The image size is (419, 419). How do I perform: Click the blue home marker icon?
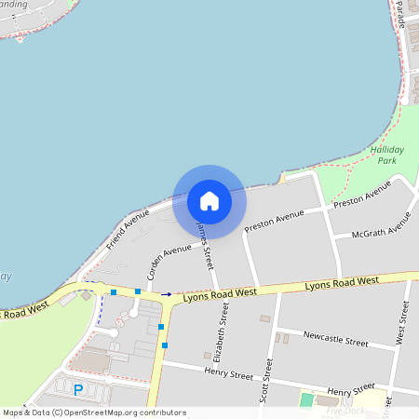209,201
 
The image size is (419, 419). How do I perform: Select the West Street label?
402,323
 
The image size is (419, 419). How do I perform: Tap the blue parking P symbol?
78,390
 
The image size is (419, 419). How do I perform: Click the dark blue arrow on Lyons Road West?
167,294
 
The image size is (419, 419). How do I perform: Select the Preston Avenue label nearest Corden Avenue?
274,222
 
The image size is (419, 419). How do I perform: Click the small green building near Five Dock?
306,400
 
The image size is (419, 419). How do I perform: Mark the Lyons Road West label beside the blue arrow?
220,293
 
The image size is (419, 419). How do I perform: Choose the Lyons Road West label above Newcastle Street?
342,282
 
